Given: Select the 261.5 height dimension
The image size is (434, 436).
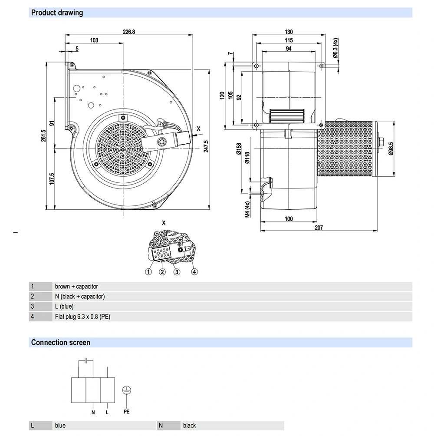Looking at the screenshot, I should pos(43,135).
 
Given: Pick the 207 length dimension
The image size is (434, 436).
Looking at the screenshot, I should pos(319,227).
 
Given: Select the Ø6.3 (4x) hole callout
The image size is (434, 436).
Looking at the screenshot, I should pos(335,48).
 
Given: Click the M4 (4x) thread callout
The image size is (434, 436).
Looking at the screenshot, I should pos(247,209).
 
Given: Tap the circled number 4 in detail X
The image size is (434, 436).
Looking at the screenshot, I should pos(194,271).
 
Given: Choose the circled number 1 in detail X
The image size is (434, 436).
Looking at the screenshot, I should pos(148,271).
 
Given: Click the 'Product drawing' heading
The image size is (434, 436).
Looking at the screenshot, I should pos(57,13).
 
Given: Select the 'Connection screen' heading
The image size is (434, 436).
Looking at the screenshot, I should pos(61,343).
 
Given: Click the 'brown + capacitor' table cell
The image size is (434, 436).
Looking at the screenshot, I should pos(76,287).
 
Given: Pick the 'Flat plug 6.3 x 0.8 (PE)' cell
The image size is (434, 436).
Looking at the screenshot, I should pos(82,317).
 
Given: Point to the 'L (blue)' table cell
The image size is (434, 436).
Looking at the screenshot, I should pos(64,307).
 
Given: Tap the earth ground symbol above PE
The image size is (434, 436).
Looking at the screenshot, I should pos(127,390).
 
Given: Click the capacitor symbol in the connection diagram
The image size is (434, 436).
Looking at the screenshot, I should pos(86,360).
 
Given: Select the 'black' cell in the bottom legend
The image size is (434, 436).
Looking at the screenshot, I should pos(190,426).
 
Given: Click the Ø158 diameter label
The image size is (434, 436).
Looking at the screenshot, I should pos(239,149).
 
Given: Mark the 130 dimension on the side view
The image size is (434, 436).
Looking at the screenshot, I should pos(289,32).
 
